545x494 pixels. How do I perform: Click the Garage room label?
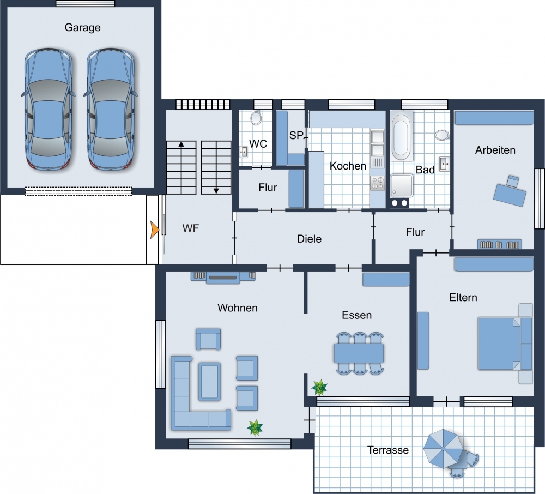coord(82,27)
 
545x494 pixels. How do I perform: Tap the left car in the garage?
coord(49,110)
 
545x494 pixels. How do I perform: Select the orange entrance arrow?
coord(155,230)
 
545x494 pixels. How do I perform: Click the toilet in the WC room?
coord(256,118)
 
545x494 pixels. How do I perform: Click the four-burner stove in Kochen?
coord(378,183)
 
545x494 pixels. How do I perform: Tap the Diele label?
coord(309,239)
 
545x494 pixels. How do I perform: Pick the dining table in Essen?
coord(359,353)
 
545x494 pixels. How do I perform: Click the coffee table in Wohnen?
coord(209,381)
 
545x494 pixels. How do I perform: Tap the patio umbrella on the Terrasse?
coord(443,449)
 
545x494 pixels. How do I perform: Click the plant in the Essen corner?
coord(319,387)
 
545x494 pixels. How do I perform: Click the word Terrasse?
coord(388,450)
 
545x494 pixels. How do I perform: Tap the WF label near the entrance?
coord(190,228)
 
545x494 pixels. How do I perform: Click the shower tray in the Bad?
coord(402,185)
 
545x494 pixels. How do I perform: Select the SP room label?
coord(296,135)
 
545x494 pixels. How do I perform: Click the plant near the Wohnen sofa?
coord(255,427)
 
